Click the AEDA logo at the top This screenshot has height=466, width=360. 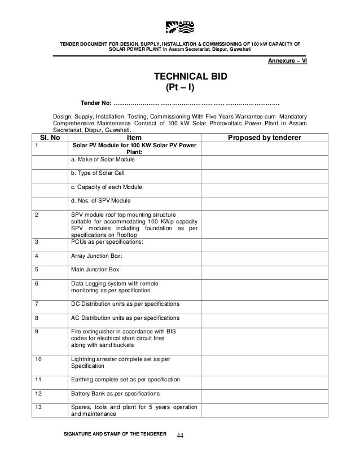point(179,27)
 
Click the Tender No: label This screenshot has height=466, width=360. point(96,103)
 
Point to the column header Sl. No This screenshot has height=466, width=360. point(49,138)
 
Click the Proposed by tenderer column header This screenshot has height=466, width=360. point(264,138)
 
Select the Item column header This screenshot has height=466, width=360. point(135,138)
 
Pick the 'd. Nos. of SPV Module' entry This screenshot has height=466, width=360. point(101,200)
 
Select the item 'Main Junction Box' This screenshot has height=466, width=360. point(95,269)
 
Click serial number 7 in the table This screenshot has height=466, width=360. point(37,304)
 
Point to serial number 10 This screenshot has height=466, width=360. point(39,358)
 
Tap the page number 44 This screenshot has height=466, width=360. point(181,436)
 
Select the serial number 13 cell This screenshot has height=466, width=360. point(39,407)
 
